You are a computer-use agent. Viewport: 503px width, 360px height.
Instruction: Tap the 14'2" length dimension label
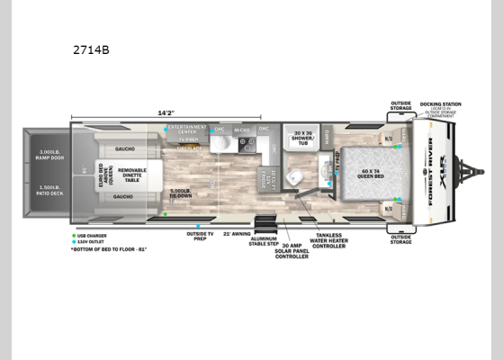click(x=166, y=113)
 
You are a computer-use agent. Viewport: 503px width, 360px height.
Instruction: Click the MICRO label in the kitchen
click(x=242, y=131)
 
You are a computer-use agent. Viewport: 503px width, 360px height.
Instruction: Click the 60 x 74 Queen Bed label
click(x=371, y=170)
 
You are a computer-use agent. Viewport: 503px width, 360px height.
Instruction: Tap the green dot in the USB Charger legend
click(x=75, y=235)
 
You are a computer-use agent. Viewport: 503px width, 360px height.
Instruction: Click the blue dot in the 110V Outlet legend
click(x=75, y=240)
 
